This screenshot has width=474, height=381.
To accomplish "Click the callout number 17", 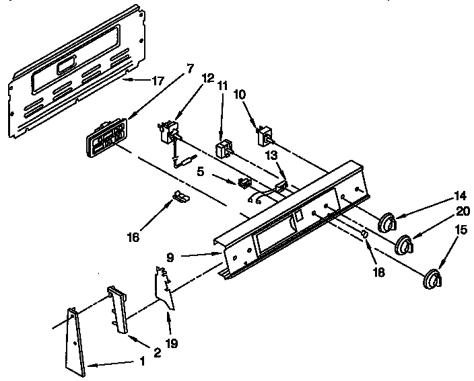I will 157,82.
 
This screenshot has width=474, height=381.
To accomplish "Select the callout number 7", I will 190,68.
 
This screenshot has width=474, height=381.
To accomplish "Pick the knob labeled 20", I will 404,247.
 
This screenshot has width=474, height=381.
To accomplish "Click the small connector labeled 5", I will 245,182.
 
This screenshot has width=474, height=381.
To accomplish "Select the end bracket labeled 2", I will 118,310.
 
